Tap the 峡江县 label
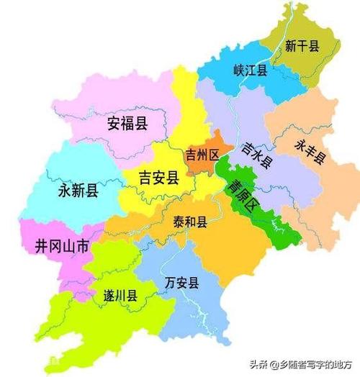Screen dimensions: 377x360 [251, 70]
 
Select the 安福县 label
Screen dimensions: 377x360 [127, 123]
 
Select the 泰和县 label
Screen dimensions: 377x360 [190, 222]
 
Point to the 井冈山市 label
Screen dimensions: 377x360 [62, 246]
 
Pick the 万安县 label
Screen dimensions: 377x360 [181, 281]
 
